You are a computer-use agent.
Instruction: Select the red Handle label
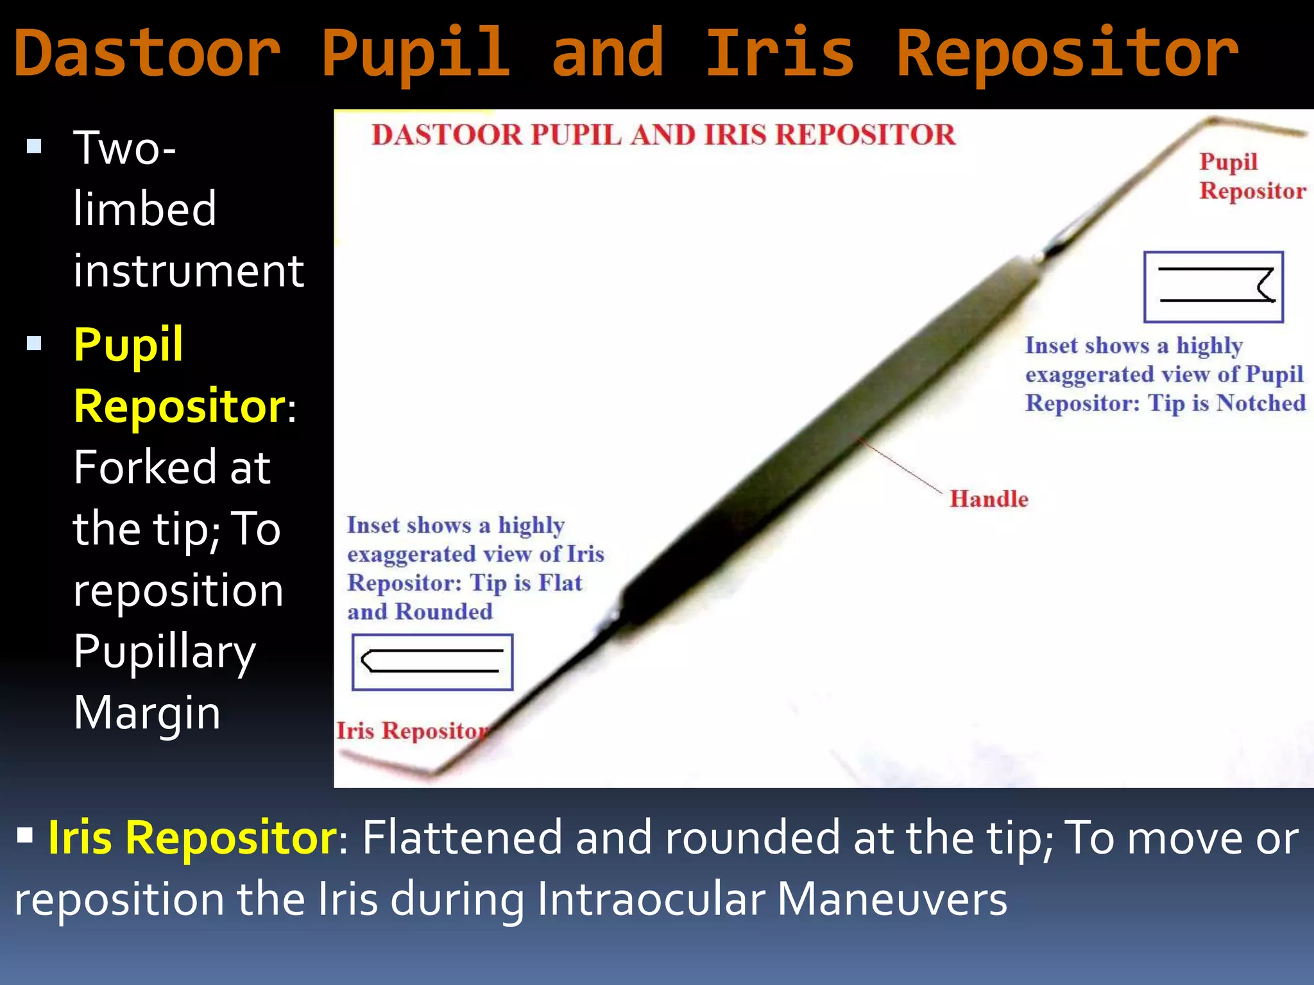988,499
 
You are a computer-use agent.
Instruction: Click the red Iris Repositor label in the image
412,730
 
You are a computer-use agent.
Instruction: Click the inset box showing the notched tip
1213,287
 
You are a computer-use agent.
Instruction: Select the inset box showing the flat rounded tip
432,662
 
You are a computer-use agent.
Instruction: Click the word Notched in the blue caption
1261,403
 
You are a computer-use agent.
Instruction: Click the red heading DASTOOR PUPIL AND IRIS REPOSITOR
663,135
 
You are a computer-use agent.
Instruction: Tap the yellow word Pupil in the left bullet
128,344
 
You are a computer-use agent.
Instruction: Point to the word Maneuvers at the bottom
892,898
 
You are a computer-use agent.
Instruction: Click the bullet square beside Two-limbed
34,147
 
